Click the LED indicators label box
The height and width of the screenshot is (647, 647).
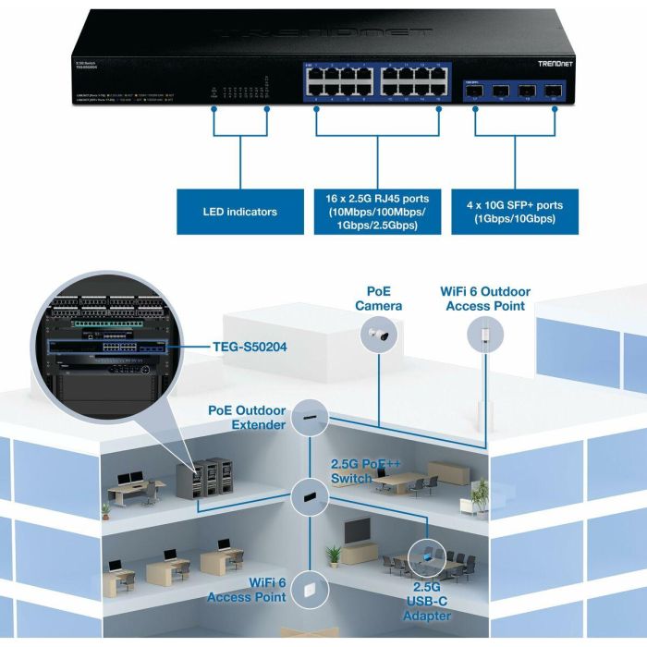240,212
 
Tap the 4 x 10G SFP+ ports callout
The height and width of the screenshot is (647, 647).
516,212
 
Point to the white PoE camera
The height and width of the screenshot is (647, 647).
380,339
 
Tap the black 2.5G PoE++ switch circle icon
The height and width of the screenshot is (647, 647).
307,498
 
